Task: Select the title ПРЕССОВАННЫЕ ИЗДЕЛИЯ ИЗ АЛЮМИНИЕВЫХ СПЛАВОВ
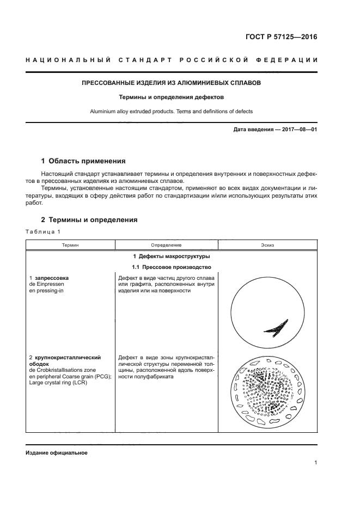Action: coord(171,83)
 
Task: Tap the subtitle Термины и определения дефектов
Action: coord(171,97)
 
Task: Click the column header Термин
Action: coord(70,246)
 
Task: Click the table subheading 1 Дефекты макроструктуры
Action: coord(171,256)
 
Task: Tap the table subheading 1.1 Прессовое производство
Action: coord(171,267)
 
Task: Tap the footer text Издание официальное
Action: coord(56,453)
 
